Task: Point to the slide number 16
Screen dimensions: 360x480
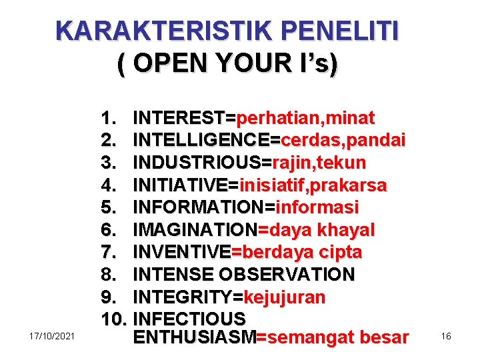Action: coord(446,336)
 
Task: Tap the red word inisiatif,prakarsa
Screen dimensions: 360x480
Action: coord(313,185)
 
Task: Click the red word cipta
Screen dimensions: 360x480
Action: coord(340,252)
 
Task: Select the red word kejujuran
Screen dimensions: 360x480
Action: coord(285,297)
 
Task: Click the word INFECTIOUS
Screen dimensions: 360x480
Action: coord(190,319)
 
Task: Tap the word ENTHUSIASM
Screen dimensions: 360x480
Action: coord(195,337)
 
